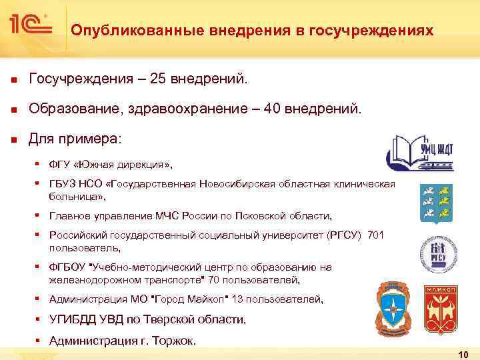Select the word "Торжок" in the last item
(175, 341)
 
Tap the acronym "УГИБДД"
(71, 320)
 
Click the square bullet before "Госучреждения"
(13, 81)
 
